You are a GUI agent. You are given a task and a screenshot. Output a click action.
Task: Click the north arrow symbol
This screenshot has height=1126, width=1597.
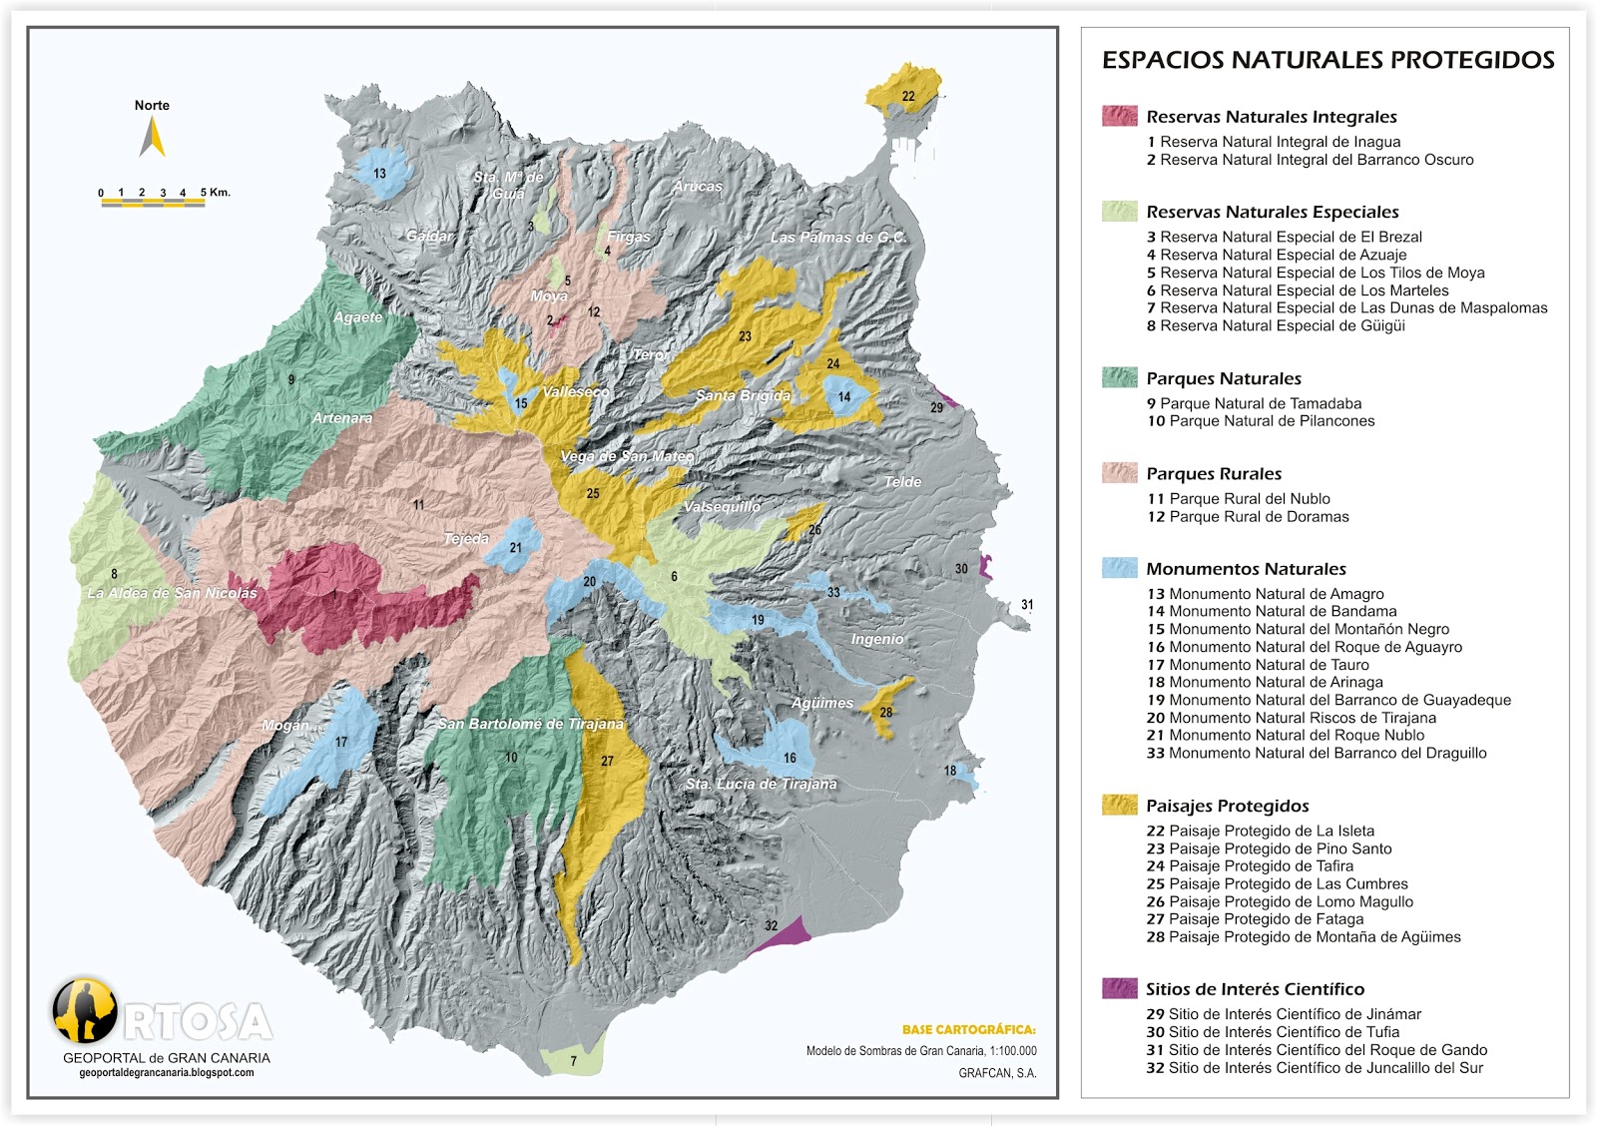pyautogui.click(x=152, y=137)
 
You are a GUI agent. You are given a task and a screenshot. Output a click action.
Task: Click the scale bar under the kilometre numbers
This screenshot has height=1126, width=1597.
pyautogui.click(x=153, y=204)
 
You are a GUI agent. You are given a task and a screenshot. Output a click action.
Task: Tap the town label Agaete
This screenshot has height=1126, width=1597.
pyautogui.click(x=358, y=317)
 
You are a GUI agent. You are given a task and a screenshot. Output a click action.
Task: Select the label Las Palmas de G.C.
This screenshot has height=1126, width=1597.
pyautogui.click(x=838, y=238)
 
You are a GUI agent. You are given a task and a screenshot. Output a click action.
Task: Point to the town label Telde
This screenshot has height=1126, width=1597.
pyautogui.click(x=902, y=482)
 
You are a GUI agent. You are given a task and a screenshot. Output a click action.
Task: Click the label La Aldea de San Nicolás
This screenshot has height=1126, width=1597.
pyautogui.click(x=172, y=593)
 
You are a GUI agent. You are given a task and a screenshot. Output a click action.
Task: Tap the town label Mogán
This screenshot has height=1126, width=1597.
pyautogui.click(x=285, y=726)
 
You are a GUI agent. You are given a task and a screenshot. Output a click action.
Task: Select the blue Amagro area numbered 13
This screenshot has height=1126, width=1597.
pyautogui.click(x=379, y=172)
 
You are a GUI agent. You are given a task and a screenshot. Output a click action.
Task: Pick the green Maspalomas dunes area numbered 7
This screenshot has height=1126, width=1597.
pyautogui.click(x=573, y=1061)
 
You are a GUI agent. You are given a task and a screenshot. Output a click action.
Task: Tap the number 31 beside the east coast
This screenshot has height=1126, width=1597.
pyautogui.click(x=1027, y=605)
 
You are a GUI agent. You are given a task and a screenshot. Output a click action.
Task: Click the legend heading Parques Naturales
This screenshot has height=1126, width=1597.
pyautogui.click(x=1224, y=378)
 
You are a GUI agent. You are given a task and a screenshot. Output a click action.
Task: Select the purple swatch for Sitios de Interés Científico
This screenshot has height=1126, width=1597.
pyautogui.click(x=1119, y=988)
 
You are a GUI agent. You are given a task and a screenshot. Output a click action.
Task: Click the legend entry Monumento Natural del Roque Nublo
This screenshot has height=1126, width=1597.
pyautogui.click(x=1286, y=736)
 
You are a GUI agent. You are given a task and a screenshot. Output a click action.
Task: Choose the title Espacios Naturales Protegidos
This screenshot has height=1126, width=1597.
pyautogui.click(x=1328, y=60)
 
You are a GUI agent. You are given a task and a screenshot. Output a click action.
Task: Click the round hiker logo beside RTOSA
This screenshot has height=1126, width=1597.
pyautogui.click(x=85, y=1009)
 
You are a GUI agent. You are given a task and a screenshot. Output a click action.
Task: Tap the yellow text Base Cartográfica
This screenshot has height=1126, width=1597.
pyautogui.click(x=968, y=1030)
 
